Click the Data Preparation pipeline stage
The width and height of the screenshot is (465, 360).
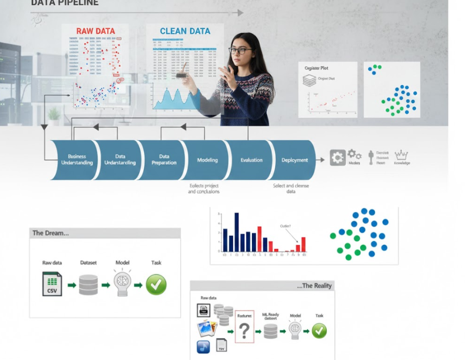(164, 160)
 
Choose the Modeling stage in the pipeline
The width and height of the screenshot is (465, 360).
(207, 160)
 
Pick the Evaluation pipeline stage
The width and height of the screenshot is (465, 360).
(251, 160)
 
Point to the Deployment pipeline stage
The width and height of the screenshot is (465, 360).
(294, 160)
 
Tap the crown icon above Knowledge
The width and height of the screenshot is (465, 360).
(401, 155)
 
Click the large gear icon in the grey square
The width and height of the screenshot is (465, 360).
(337, 158)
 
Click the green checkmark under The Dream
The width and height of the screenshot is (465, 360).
(156, 285)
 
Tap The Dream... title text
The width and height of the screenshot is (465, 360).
(50, 233)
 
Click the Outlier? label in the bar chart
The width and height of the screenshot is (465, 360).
(286, 226)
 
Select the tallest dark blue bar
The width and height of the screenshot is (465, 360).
(236, 232)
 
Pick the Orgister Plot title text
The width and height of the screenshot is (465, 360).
(316, 68)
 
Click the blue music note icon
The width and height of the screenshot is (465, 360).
(203, 347)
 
